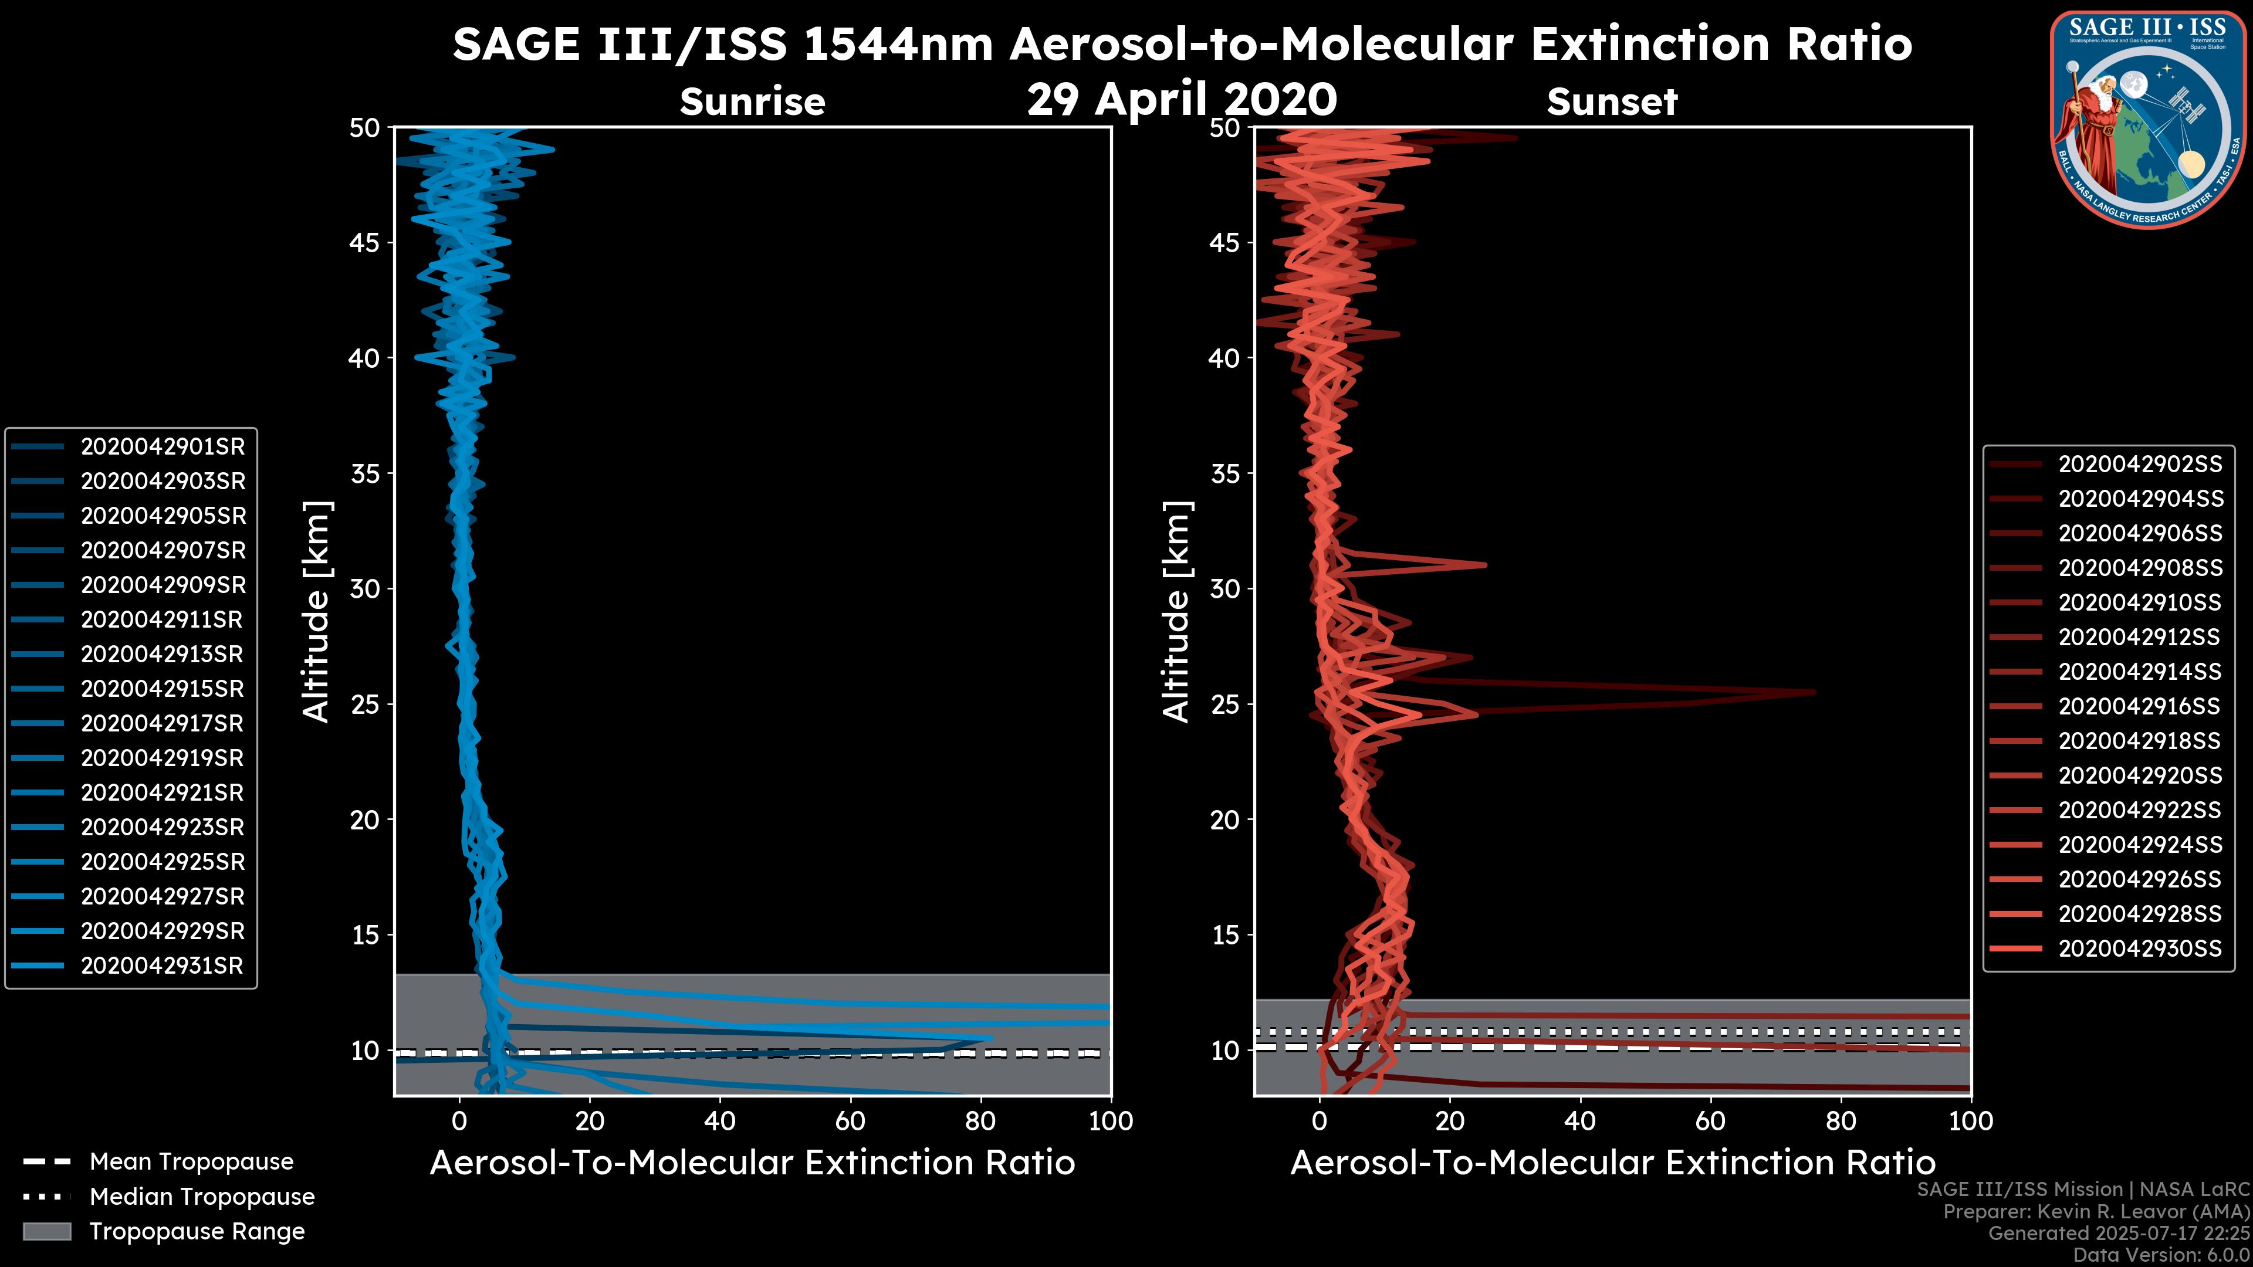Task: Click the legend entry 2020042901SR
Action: (163, 447)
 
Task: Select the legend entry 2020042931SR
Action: (163, 966)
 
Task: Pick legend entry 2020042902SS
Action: (2139, 465)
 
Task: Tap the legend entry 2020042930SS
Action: (2139, 948)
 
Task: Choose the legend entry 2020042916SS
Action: (2139, 706)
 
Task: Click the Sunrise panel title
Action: (752, 101)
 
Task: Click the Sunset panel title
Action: (1612, 101)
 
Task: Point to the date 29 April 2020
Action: (1182, 100)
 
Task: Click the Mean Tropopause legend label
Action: (191, 1162)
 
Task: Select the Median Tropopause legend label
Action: (202, 1197)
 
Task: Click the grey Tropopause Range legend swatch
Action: (47, 1231)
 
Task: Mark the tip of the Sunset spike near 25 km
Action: (1814, 693)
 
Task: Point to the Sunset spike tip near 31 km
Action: (1485, 565)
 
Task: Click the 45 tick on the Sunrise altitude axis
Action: (366, 243)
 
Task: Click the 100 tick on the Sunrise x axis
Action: (1111, 1121)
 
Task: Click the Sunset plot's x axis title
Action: (1612, 1163)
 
